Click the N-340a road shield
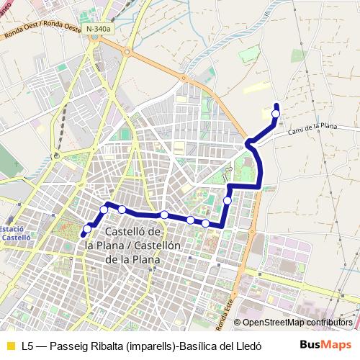click(x=99, y=29)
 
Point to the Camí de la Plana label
click(x=312, y=128)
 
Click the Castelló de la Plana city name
click(x=133, y=245)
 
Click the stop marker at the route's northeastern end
click(x=276, y=113)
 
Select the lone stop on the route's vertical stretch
click(x=228, y=199)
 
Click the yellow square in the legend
click(x=10, y=345)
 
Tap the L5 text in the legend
click(x=27, y=345)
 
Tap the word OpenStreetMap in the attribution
click(x=274, y=323)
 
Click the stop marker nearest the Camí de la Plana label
click(x=276, y=113)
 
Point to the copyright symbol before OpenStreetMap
click(x=238, y=323)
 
